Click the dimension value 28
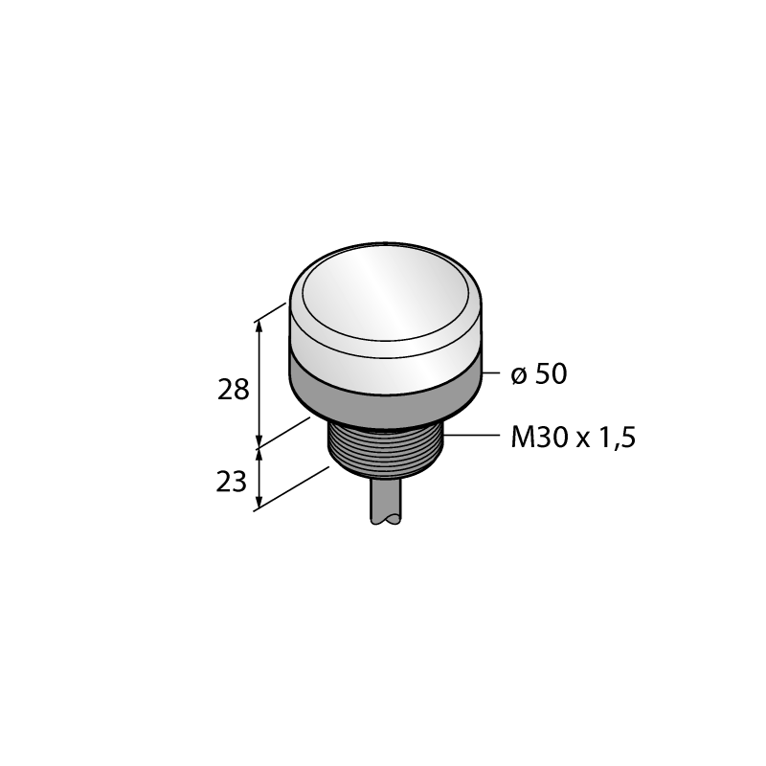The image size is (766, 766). (x=233, y=390)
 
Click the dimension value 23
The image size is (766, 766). (x=231, y=482)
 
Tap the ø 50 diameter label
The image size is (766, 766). (x=539, y=373)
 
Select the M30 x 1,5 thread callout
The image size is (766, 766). (x=573, y=437)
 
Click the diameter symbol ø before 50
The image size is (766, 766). (x=519, y=375)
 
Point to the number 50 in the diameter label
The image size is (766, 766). (x=552, y=373)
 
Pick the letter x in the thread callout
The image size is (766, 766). (x=584, y=440)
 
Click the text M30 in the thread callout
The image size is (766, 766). (x=540, y=437)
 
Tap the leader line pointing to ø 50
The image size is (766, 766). (x=490, y=373)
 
